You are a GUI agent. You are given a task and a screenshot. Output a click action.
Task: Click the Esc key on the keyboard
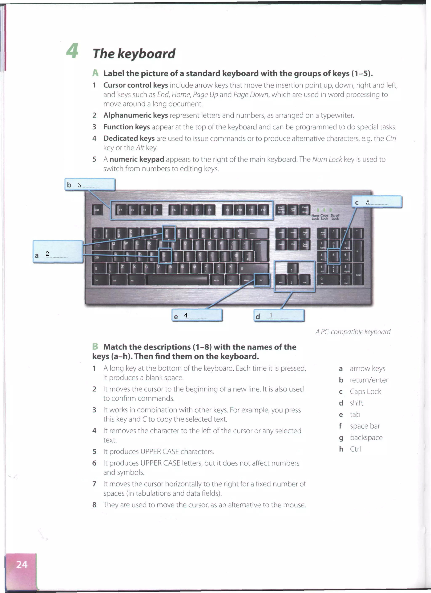97,210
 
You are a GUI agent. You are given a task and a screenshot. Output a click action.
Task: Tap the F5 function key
174,210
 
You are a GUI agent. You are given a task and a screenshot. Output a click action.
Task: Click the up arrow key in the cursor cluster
292,269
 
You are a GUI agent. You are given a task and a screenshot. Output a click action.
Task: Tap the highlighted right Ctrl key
262,280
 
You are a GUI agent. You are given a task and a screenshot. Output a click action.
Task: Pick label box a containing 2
58,252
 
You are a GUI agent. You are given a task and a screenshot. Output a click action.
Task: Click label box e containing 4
197,315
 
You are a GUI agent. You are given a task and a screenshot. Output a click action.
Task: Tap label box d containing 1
279,316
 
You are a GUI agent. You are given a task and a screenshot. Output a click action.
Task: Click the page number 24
21,564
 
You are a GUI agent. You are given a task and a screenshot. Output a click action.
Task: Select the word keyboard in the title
146,54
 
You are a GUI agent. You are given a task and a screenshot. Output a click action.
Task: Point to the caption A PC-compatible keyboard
353,332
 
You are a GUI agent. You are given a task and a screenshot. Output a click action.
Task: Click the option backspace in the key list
366,437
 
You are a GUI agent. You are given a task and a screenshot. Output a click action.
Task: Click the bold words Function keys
126,127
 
